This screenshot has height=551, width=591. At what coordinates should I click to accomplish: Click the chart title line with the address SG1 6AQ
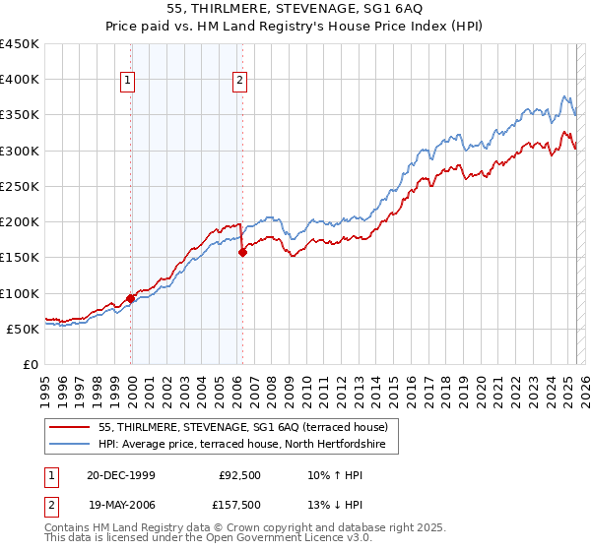point(295,9)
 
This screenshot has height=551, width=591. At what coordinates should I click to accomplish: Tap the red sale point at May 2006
point(242,252)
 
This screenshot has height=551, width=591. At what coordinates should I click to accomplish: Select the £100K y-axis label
point(20,293)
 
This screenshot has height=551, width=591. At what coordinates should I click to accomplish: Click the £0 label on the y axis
point(30,365)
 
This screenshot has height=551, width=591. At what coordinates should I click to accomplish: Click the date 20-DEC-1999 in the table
point(121,474)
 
